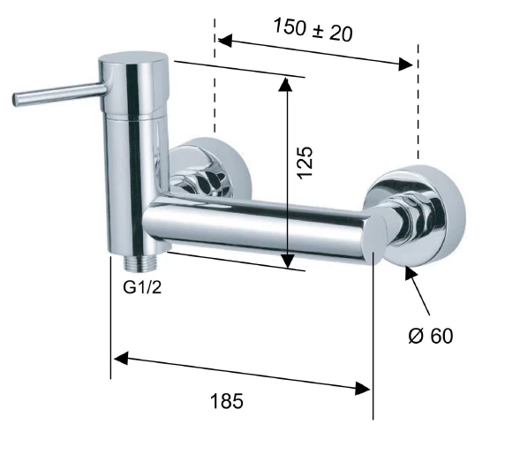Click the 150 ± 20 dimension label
[x=313, y=30]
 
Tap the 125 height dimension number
[x=305, y=163]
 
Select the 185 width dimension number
[x=227, y=401]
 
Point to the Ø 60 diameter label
[x=431, y=336]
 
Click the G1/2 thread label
[x=142, y=287]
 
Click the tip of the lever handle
[x=15, y=100]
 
